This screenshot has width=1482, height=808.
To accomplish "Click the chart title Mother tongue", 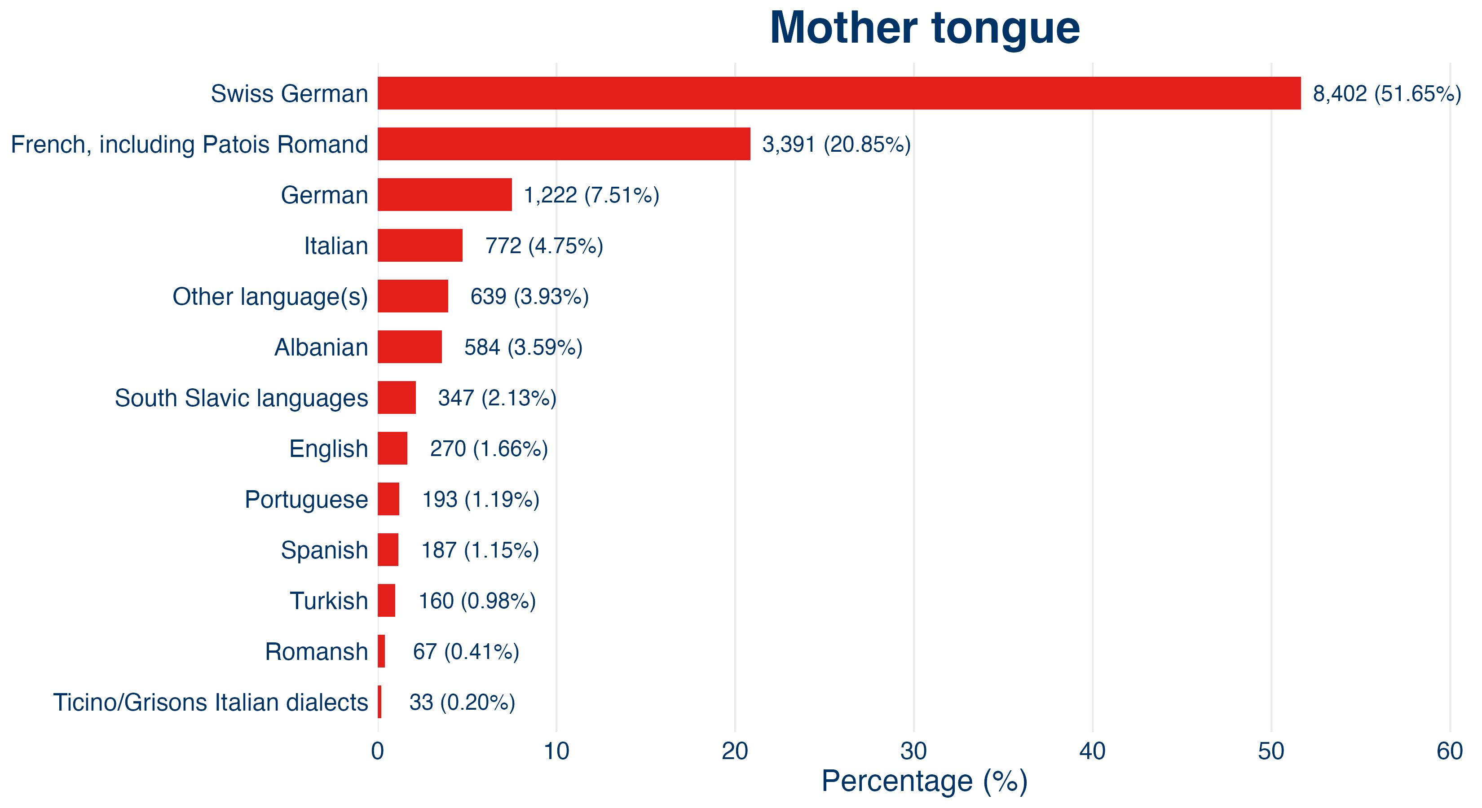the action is [925, 29].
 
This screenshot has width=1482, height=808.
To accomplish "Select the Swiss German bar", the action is [839, 93].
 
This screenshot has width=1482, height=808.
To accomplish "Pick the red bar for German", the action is [445, 194].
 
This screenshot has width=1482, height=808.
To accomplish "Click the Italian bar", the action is [420, 245].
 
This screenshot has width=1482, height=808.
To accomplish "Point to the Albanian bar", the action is [410, 347].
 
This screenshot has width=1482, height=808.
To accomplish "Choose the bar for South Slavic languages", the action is [397, 397].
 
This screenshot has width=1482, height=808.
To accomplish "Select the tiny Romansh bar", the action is [381, 651].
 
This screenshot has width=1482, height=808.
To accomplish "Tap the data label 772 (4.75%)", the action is [544, 246].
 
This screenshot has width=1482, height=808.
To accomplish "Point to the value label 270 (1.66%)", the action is [489, 448].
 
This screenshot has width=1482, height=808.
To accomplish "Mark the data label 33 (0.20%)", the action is [462, 702].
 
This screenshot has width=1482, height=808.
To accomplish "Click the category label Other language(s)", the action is [270, 297].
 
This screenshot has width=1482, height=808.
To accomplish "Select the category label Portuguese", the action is [307, 500].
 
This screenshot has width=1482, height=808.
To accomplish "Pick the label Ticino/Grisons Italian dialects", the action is [211, 702].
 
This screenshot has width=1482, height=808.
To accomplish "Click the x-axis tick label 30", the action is [913, 751].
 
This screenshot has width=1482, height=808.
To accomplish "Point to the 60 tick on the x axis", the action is [1450, 751].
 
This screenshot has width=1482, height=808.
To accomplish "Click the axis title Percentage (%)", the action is [925, 782].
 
